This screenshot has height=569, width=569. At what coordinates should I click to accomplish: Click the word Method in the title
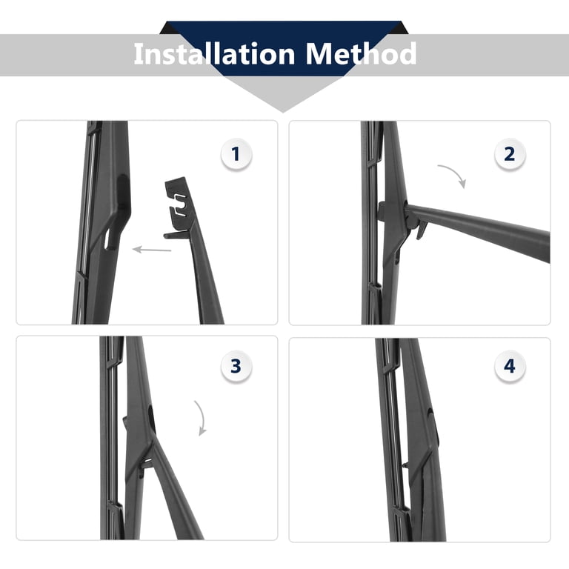(361, 53)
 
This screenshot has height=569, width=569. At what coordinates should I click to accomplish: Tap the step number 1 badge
(236, 154)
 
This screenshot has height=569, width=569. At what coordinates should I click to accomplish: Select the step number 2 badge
(510, 154)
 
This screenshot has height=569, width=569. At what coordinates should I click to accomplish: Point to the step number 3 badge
(236, 366)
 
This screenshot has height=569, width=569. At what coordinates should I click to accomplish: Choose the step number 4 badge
(510, 366)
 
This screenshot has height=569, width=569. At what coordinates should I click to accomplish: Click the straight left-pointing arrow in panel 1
(152, 250)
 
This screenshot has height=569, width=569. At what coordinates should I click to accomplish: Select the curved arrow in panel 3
(202, 416)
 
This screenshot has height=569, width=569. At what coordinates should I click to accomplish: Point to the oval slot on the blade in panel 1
(110, 239)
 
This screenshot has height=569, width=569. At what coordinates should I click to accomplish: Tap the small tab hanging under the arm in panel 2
(422, 231)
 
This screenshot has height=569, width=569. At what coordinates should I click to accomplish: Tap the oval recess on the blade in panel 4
(433, 427)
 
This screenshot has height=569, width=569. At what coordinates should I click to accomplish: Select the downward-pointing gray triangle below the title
(283, 93)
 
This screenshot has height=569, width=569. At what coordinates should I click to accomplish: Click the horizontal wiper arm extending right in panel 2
(479, 230)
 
